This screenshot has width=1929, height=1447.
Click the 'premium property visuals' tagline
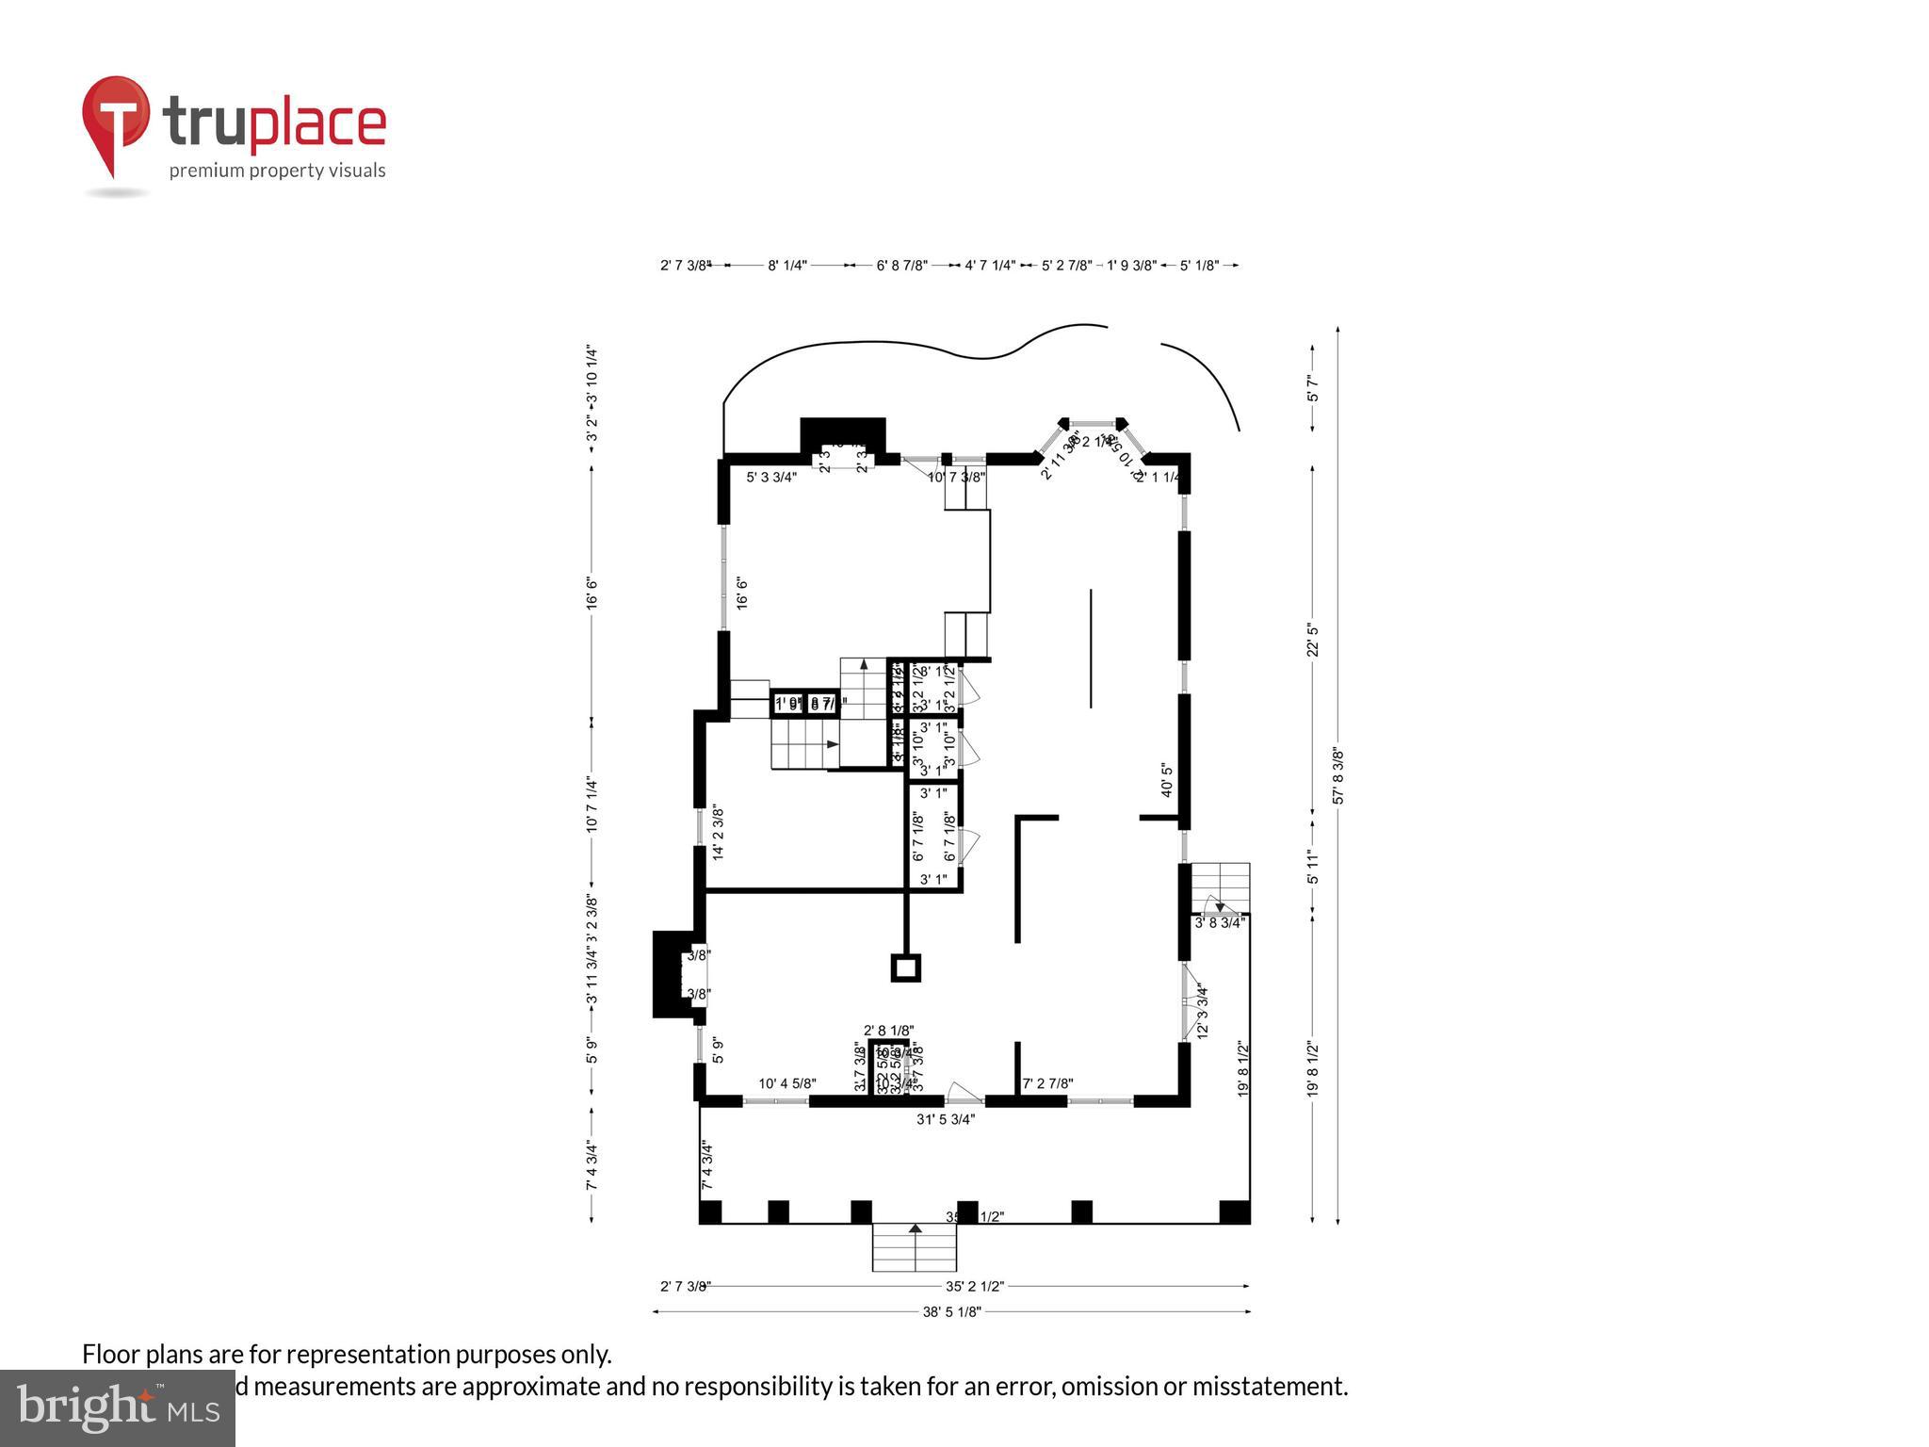click(x=277, y=171)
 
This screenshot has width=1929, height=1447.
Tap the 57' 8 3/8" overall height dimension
click(x=1338, y=775)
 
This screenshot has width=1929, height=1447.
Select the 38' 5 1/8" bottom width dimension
click(x=951, y=1310)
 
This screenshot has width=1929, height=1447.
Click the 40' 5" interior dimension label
click(x=1167, y=780)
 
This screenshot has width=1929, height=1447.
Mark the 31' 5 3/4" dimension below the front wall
click(x=946, y=1119)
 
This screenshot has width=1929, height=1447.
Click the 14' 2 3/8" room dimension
click(x=718, y=832)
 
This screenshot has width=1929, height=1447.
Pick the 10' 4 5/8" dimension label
click(x=787, y=1083)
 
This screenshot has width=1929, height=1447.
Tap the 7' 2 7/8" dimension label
click(x=1048, y=1083)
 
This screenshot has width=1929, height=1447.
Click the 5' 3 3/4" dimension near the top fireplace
click(x=771, y=477)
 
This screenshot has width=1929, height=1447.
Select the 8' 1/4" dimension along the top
click(x=787, y=266)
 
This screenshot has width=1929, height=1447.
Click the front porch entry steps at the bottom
click(x=914, y=1247)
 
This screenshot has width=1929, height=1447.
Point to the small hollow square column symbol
click(x=906, y=967)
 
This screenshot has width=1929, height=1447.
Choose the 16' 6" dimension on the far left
click(x=592, y=593)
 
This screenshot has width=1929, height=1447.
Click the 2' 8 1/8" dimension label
click(x=888, y=1031)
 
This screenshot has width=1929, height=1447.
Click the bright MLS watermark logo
click(x=118, y=1407)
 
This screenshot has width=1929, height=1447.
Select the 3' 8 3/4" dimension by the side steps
click(x=1220, y=923)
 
